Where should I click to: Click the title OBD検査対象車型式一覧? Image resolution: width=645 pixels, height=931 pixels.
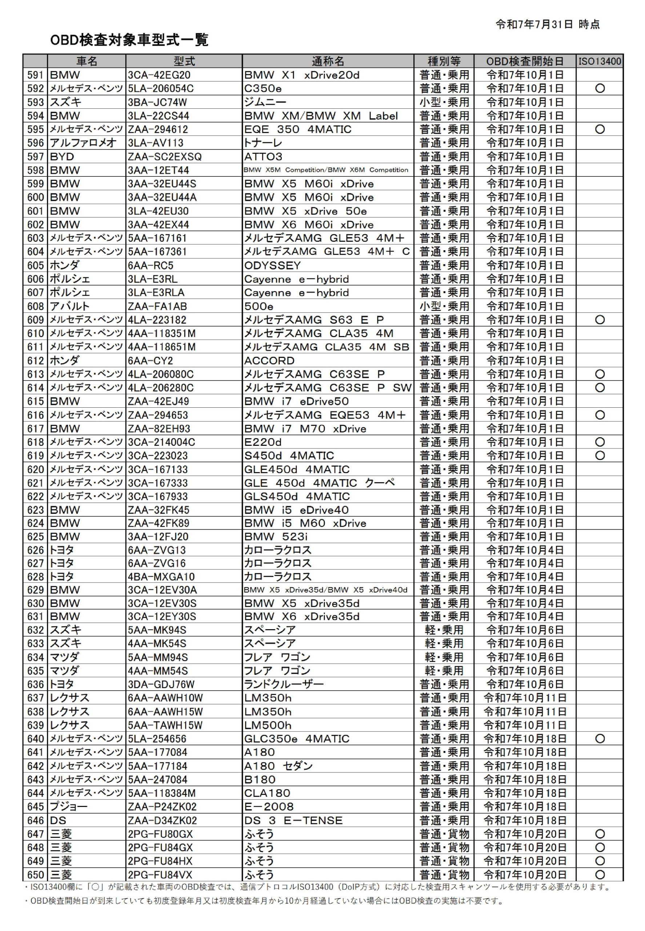(129, 40)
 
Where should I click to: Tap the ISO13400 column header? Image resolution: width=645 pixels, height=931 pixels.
(600, 61)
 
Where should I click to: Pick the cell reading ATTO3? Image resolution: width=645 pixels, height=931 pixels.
(264, 156)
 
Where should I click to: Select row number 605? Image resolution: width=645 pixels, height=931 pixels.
(36, 265)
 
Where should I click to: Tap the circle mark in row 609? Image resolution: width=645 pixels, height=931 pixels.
(600, 320)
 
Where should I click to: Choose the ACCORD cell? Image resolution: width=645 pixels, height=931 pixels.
(269, 361)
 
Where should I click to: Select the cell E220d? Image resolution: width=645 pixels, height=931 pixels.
(263, 442)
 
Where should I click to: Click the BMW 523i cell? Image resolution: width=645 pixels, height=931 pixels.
(278, 536)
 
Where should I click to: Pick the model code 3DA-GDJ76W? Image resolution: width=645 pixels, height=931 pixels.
(161, 684)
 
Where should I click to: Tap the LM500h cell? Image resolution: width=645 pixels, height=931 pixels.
(268, 725)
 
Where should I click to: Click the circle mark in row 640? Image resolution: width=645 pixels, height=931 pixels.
(600, 739)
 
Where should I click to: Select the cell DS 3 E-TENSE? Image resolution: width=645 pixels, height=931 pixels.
(293, 821)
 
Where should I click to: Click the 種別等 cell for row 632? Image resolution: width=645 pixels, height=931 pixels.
(444, 630)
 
